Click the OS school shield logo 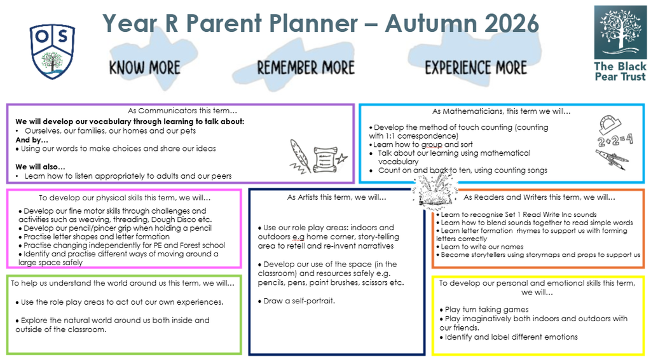(x=52, y=52)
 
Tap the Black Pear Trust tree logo (x=620, y=32)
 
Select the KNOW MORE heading (x=145, y=67)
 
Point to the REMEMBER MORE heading (x=306, y=67)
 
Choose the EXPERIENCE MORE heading (x=476, y=67)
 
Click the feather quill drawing (x=300, y=156)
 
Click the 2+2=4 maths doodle (x=615, y=140)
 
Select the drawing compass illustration (x=612, y=160)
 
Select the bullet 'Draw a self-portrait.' (x=296, y=301)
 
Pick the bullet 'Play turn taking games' (x=484, y=310)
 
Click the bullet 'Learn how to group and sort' (x=421, y=144)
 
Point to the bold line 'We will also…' (x=40, y=167)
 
